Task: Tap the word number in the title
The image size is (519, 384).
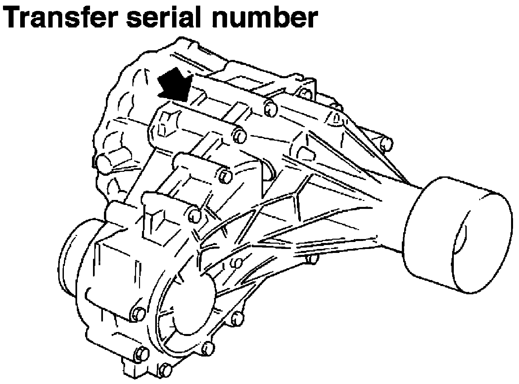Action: (x=265, y=17)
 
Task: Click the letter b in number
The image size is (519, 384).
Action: (x=278, y=17)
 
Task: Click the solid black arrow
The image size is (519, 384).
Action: (x=175, y=85)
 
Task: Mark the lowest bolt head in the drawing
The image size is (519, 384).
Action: (x=165, y=370)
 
